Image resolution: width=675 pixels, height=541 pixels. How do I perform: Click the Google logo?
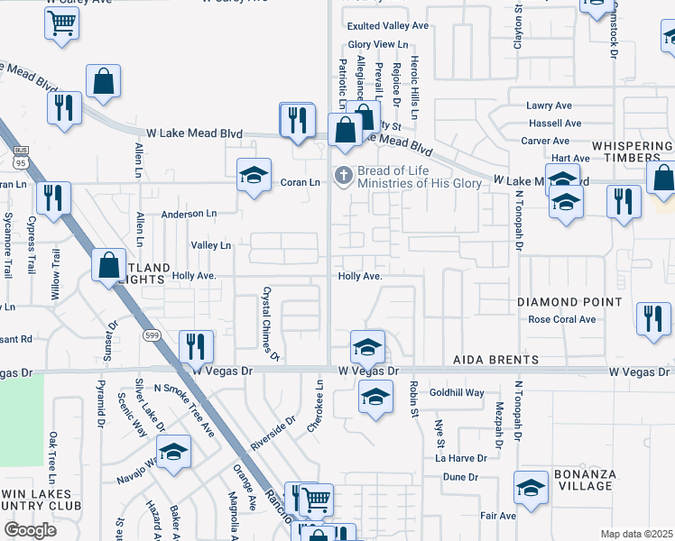(x=30, y=530)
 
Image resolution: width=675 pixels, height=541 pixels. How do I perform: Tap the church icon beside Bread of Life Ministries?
(x=343, y=175)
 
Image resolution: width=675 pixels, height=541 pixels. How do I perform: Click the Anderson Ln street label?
(x=190, y=214)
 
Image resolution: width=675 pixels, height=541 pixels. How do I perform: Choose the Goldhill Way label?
(x=457, y=393)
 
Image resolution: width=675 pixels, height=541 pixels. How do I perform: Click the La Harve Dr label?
(x=461, y=458)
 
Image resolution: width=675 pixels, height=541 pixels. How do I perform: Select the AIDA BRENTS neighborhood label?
(x=496, y=360)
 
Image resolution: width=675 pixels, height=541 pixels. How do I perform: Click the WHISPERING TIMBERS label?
(x=632, y=153)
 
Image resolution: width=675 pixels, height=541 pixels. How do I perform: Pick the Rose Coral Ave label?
(x=562, y=319)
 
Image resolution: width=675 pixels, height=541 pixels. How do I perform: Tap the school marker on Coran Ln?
(x=254, y=174)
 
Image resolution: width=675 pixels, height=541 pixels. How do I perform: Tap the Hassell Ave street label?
(x=555, y=123)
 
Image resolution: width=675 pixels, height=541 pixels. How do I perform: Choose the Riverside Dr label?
(x=273, y=434)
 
